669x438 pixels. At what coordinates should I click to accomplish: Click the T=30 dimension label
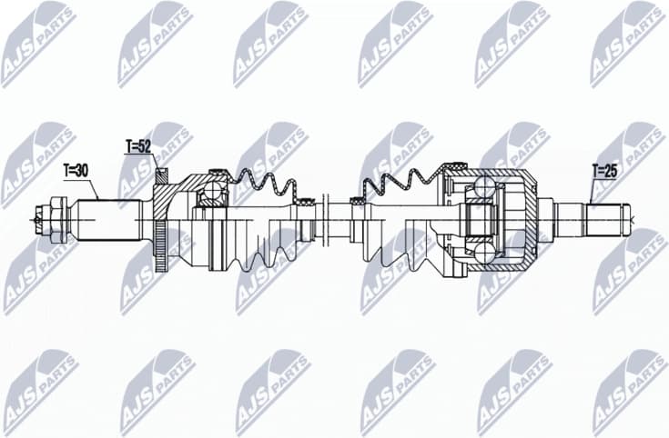(x=76, y=170)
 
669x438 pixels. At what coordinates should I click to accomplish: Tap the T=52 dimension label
(x=138, y=145)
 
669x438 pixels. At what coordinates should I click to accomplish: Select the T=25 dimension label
(x=604, y=169)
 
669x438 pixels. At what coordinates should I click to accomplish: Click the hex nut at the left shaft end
(x=57, y=218)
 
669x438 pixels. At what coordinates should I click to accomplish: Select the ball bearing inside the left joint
(x=213, y=191)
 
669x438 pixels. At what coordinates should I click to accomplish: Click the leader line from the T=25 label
(x=593, y=190)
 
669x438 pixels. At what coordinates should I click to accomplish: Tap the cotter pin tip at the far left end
(x=36, y=218)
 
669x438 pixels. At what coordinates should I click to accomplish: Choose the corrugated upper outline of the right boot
(x=400, y=179)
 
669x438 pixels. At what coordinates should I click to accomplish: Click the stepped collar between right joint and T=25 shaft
(x=546, y=218)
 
